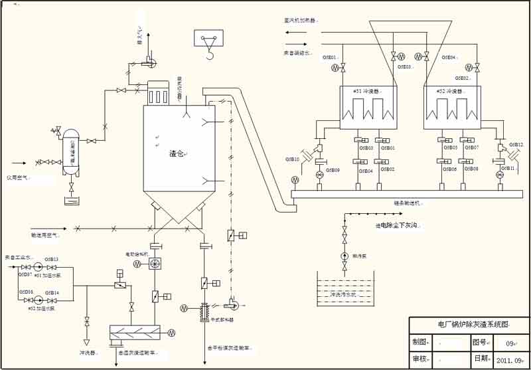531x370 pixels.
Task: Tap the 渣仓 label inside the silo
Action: [176, 154]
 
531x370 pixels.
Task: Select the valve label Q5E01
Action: [330, 57]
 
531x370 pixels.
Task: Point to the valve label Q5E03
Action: [404, 67]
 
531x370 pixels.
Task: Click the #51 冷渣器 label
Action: [366, 91]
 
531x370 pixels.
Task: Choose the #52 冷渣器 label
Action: [449, 91]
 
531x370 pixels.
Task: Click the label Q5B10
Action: [293, 159]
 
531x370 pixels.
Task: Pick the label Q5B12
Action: [516, 144]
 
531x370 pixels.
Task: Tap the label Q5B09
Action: [332, 171]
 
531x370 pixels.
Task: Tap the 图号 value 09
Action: [510, 343]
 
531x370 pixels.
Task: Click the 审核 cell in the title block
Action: [419, 359]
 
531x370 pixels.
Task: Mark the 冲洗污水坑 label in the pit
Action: [343, 294]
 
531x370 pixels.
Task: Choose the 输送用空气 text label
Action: [46, 235]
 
